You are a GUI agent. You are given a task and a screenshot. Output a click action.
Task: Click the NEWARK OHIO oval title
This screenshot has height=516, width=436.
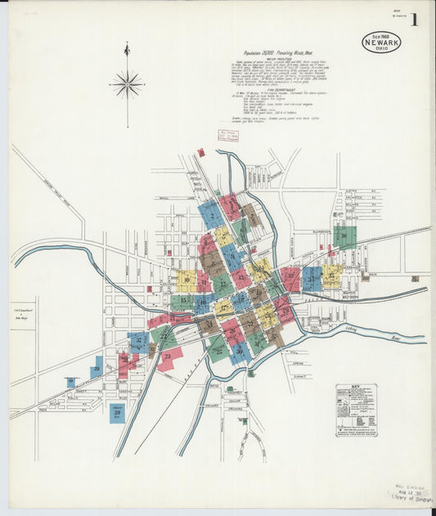(x=381, y=42)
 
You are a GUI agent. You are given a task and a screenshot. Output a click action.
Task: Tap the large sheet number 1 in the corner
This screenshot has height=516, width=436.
(x=415, y=20)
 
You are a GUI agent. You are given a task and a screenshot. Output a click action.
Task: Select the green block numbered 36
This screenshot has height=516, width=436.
(x=344, y=236)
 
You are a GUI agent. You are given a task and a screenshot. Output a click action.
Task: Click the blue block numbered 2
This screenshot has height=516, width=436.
(x=210, y=215)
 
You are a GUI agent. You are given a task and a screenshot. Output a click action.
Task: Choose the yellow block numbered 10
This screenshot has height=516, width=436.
(x=187, y=280)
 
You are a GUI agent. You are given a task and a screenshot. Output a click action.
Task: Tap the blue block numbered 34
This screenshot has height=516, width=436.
(x=312, y=278)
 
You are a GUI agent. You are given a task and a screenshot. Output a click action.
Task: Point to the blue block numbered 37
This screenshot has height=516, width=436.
(x=138, y=342)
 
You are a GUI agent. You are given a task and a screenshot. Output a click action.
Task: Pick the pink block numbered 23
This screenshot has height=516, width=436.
(x=170, y=357)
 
